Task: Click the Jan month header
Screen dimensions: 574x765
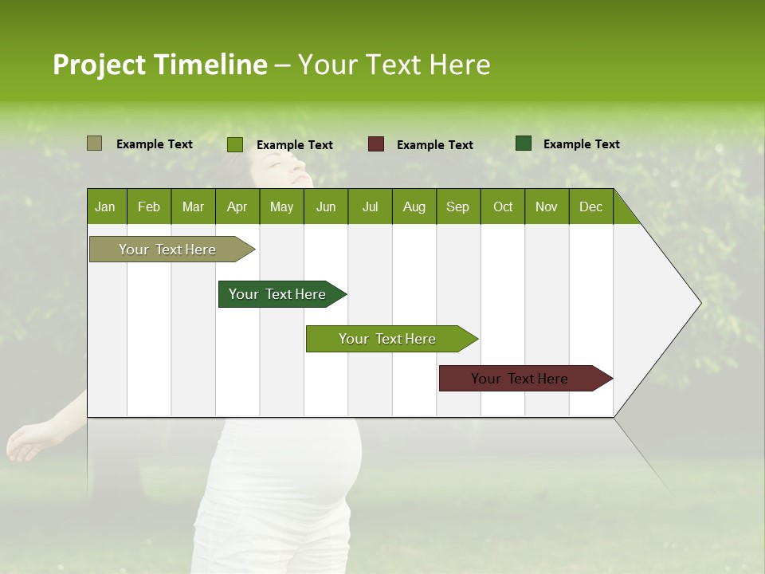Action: coord(105,207)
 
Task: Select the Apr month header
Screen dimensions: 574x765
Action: coord(237,207)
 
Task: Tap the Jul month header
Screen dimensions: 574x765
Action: coord(370,207)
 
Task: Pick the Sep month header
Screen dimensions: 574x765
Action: coord(457,207)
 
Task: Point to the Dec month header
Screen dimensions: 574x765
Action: coord(590,207)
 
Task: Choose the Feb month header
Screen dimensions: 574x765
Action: coord(149,207)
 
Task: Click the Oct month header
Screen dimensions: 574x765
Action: coord(503,207)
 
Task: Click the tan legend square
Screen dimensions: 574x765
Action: coord(95,143)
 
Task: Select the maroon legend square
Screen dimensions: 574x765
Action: coord(376,144)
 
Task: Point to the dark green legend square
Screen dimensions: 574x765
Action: coord(524,143)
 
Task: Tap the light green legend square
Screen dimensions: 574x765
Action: coord(235,144)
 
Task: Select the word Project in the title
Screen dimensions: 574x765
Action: coord(100,65)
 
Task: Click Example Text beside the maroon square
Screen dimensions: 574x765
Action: coord(435,145)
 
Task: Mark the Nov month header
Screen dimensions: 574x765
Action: coord(547,207)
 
